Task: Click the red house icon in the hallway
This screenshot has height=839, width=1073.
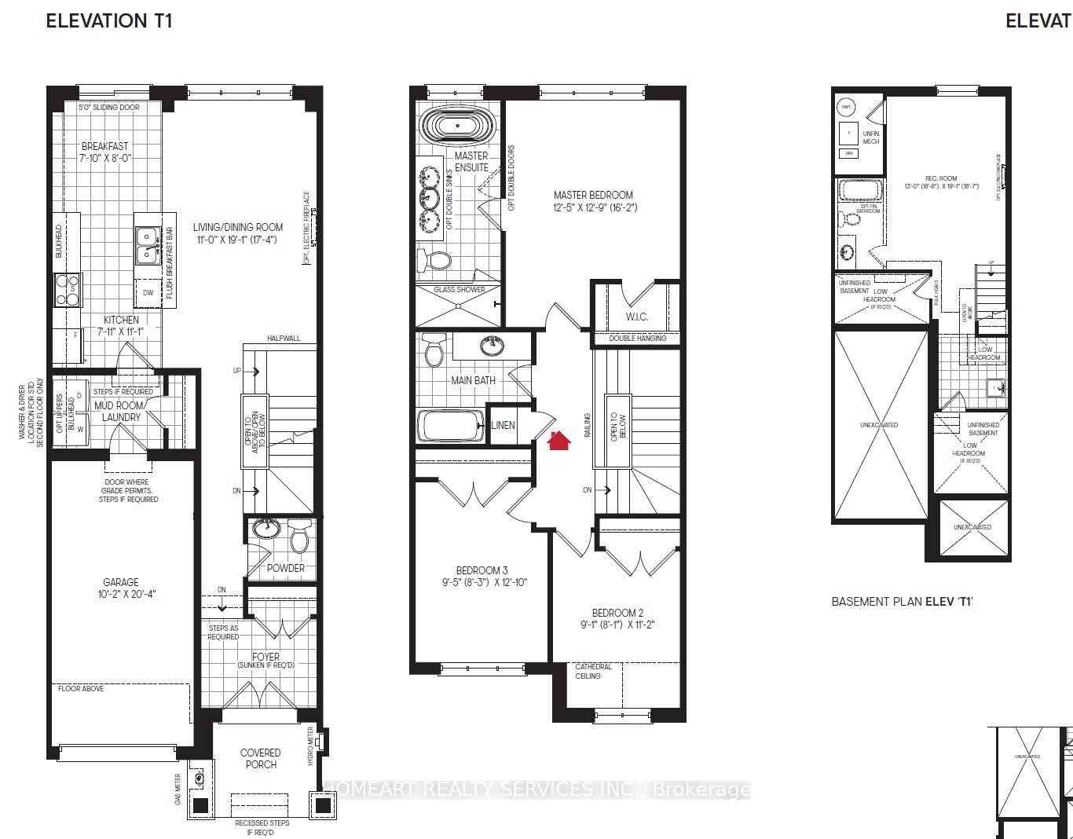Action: click(x=558, y=441)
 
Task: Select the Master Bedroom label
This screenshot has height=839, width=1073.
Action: click(x=592, y=201)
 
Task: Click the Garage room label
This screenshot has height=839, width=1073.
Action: click(x=121, y=588)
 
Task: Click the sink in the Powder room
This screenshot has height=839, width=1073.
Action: click(x=267, y=527)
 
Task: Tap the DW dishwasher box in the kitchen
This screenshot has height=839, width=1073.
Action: click(x=148, y=293)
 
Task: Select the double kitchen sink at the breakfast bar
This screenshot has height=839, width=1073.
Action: click(x=147, y=244)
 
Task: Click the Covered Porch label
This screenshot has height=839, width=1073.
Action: click(x=260, y=758)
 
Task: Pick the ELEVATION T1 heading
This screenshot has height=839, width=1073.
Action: click(x=109, y=21)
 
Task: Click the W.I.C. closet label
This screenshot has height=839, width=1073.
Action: click(x=637, y=317)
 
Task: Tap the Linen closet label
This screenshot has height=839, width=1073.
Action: click(x=503, y=425)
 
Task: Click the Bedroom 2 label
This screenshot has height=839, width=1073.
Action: click(x=617, y=619)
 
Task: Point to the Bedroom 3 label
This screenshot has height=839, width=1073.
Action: click(x=482, y=576)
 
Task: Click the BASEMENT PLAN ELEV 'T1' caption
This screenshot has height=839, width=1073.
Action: click(x=902, y=602)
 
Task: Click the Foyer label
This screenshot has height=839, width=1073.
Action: click(x=266, y=660)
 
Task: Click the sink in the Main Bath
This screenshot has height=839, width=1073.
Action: click(x=492, y=344)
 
